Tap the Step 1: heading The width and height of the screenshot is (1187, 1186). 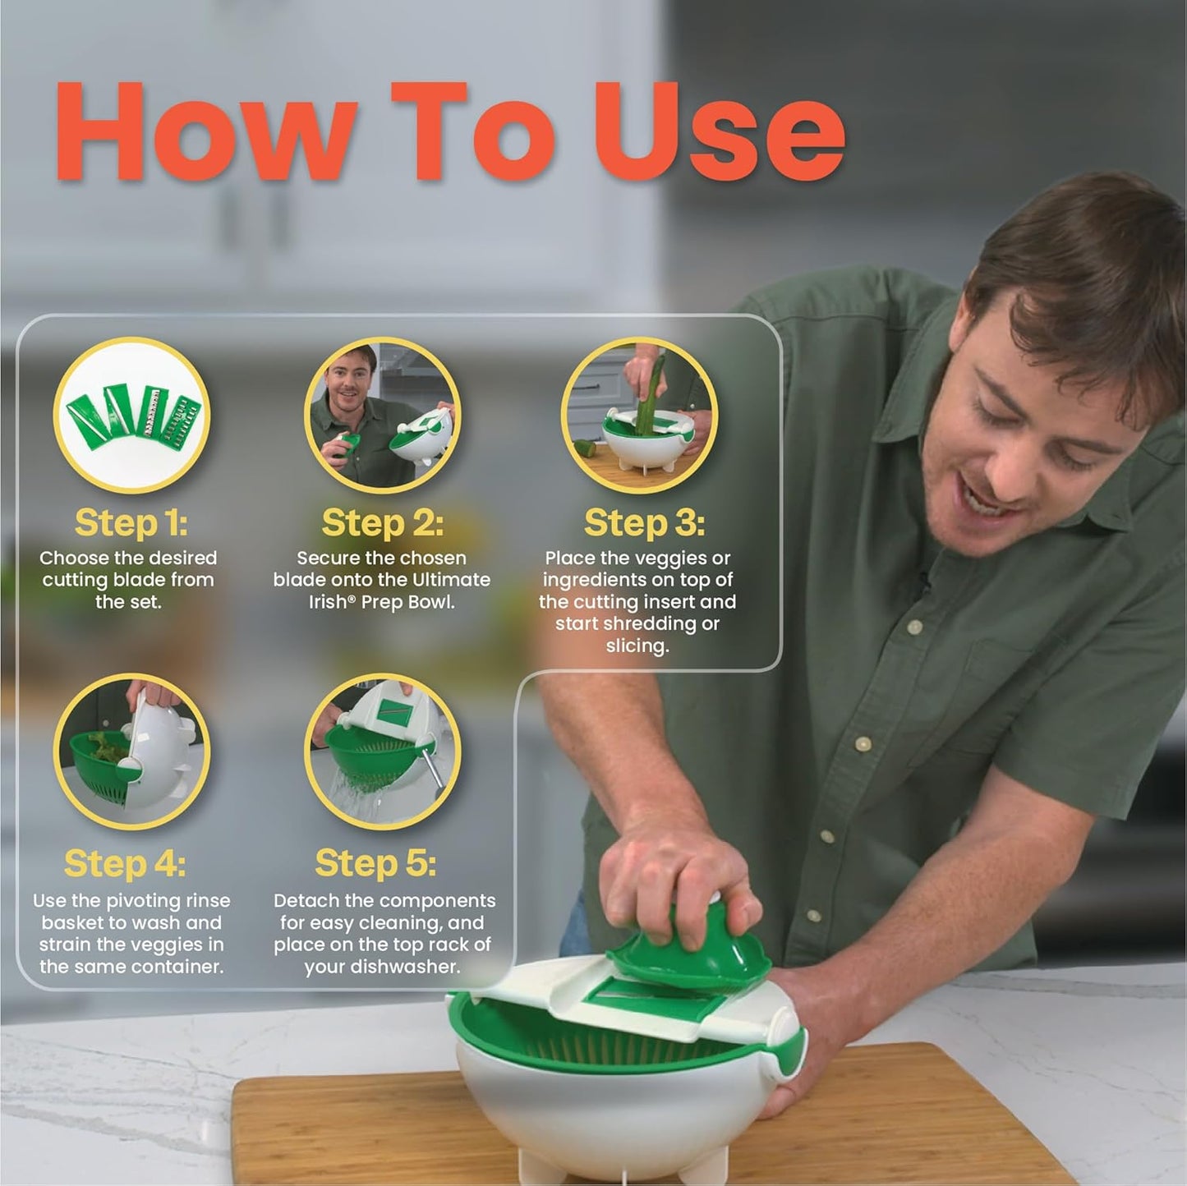pyautogui.click(x=131, y=522)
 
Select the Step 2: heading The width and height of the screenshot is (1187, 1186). pyautogui.click(x=382, y=522)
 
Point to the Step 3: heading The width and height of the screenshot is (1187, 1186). pyautogui.click(x=644, y=522)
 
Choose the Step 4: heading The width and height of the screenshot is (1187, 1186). pyautogui.click(x=125, y=863)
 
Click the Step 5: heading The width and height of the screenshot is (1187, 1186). pyautogui.click(x=375, y=863)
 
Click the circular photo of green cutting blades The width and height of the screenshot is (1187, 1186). pyautogui.click(x=131, y=415)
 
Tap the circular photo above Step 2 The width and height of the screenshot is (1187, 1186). pyautogui.click(x=382, y=415)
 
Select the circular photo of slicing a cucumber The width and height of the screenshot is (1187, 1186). pyautogui.click(x=639, y=415)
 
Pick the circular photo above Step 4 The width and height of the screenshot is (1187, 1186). pyautogui.click(x=131, y=752)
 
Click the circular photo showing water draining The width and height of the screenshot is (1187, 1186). pyautogui.click(x=382, y=752)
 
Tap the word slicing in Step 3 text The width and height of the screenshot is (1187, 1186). pyautogui.click(x=637, y=646)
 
